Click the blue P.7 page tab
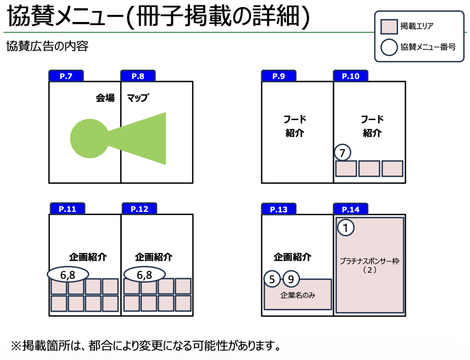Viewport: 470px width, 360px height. (x=66, y=76)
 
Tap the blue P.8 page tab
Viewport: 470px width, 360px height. (x=138, y=76)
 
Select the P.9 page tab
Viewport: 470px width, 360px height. (x=278, y=76)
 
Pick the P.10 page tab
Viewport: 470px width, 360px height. (x=350, y=76)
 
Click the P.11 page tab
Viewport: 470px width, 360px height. (x=68, y=209)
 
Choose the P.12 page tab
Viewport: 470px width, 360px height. (x=139, y=209)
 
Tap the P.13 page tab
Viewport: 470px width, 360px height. (x=279, y=209)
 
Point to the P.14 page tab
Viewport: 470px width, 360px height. (x=351, y=209)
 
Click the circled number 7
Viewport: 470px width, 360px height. (x=343, y=153)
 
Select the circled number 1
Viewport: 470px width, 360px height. (x=345, y=227)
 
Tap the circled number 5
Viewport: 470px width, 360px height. (x=272, y=279)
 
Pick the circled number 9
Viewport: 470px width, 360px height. (x=291, y=279)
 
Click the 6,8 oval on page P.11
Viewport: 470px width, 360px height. (x=68, y=274)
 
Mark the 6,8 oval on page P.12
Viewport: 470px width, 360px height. (x=144, y=274)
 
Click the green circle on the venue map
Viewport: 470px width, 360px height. (x=89, y=138)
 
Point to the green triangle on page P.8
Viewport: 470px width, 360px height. (x=144, y=138)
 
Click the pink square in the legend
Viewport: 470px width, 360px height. (x=389, y=26)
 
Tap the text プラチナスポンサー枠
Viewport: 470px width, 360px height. (x=370, y=261)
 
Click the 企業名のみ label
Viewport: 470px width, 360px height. (x=298, y=295)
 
